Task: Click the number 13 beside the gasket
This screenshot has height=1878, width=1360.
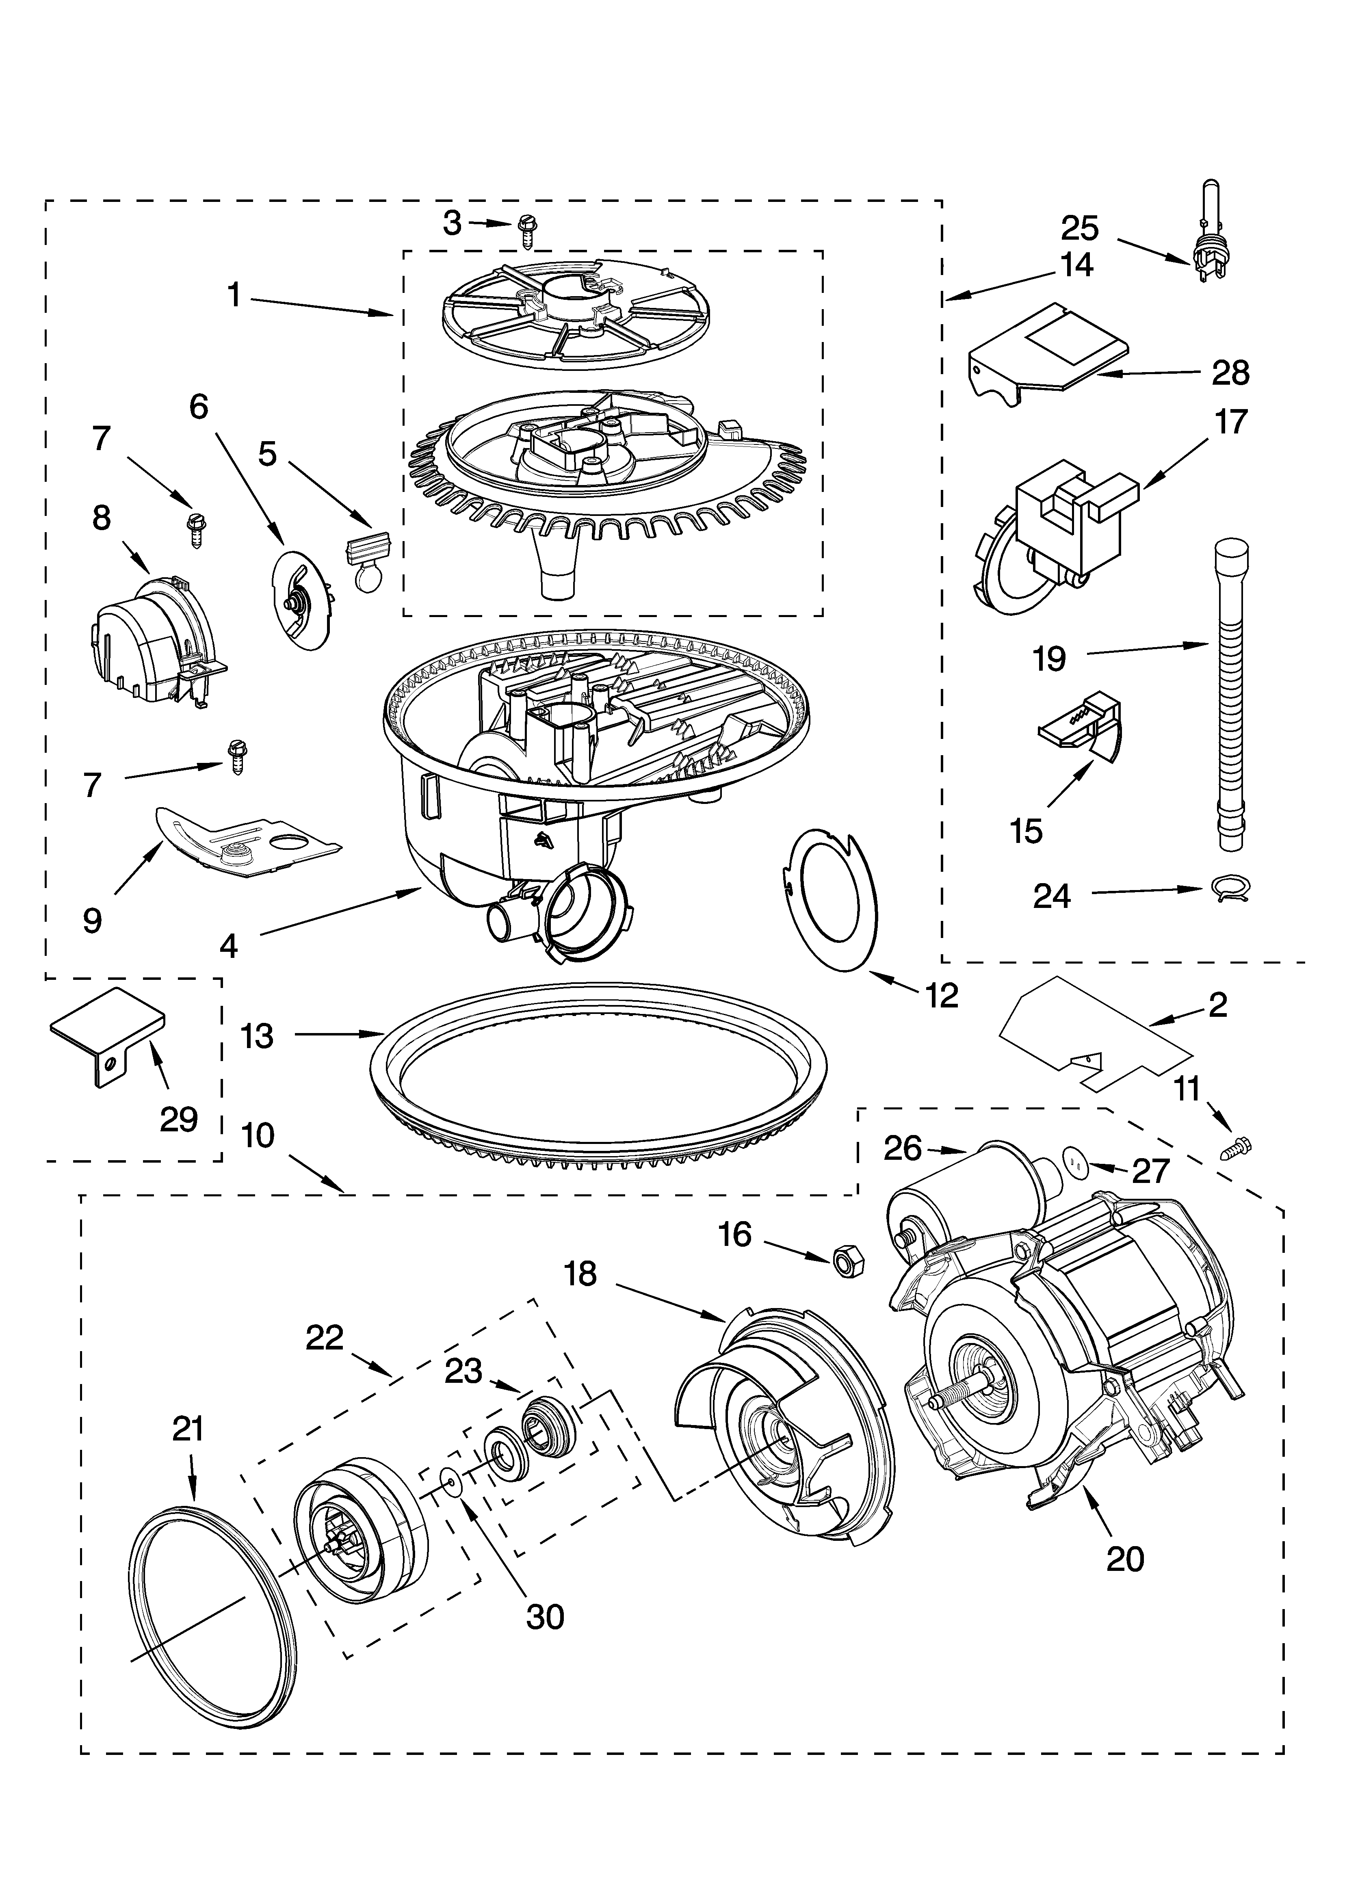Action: tap(258, 1036)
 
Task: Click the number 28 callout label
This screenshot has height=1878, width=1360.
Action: tap(1230, 373)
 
